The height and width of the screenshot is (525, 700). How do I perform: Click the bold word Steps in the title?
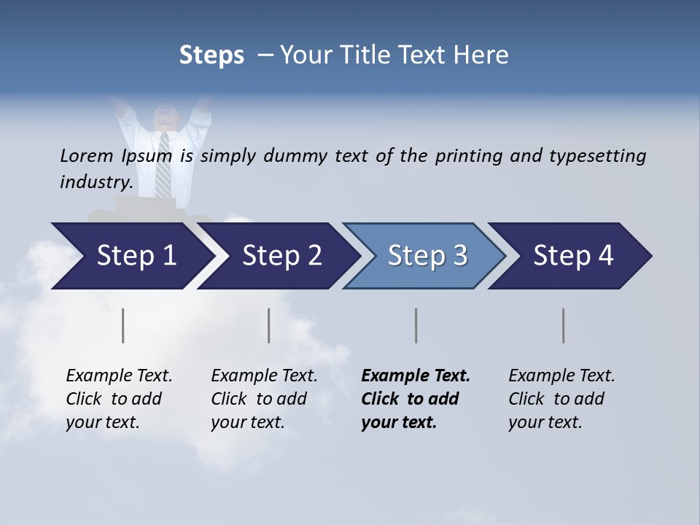point(211,55)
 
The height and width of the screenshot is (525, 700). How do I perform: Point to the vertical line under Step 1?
point(123,325)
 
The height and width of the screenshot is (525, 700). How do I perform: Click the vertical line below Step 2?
point(269,325)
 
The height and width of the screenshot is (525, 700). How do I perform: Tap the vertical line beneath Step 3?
point(416,325)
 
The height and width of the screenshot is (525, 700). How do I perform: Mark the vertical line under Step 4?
point(564,325)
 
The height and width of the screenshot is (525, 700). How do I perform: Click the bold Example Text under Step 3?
point(415,399)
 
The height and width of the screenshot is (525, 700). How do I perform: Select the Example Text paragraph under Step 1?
point(119,399)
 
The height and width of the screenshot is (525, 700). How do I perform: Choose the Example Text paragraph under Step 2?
point(264,399)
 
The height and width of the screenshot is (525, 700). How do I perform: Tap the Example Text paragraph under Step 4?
point(561,399)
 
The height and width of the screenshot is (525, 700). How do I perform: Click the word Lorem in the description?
point(87,156)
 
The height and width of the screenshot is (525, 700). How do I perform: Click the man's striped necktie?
point(164,164)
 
